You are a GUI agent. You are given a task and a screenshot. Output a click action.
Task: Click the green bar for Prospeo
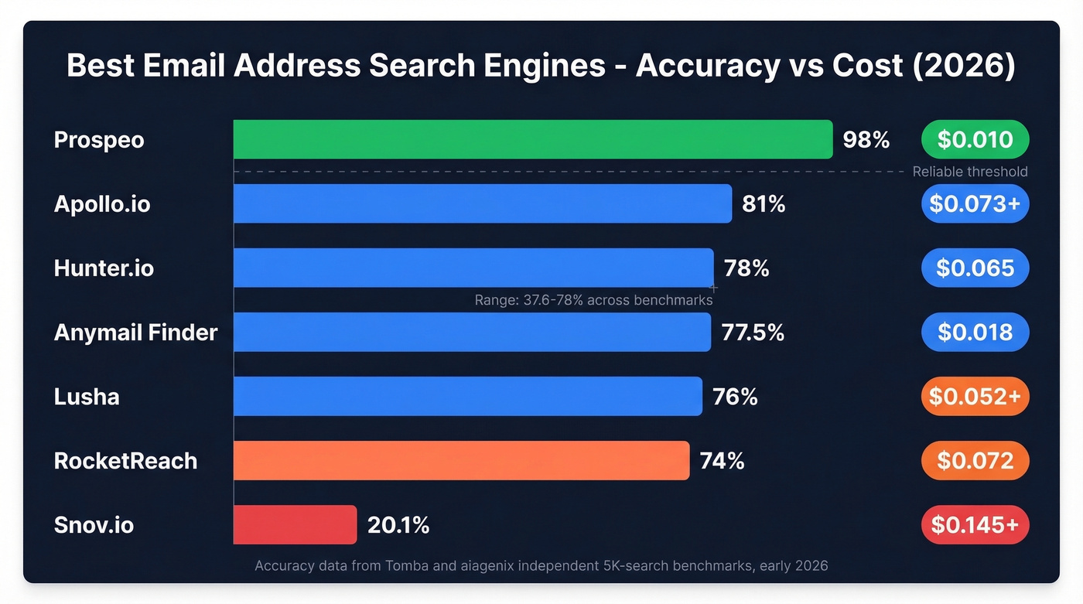533,139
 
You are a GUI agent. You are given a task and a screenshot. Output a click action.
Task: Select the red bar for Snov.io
295,524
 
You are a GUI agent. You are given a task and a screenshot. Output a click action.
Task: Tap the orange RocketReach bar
461,460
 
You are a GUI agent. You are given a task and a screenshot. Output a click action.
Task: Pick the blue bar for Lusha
468,396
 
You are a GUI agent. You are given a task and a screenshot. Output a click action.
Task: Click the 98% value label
866,140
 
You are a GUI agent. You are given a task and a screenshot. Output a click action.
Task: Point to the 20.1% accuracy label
398,525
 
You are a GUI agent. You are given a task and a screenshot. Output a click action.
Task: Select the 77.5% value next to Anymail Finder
753,333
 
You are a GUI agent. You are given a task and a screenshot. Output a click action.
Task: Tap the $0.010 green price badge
975,140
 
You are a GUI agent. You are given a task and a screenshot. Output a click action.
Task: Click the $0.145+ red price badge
975,525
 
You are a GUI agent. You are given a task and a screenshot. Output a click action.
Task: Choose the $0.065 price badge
975,268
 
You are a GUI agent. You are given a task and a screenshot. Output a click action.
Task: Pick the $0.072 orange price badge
975,461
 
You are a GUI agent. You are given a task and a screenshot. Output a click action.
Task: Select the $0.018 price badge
975,333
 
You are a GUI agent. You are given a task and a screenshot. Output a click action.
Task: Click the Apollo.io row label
102,204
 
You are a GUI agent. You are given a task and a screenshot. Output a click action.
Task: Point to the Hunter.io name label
104,268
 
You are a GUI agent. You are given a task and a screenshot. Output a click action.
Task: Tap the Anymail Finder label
135,333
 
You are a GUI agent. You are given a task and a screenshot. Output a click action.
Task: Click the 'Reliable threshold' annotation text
970,172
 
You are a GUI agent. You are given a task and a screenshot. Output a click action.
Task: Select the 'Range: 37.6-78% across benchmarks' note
593,300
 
